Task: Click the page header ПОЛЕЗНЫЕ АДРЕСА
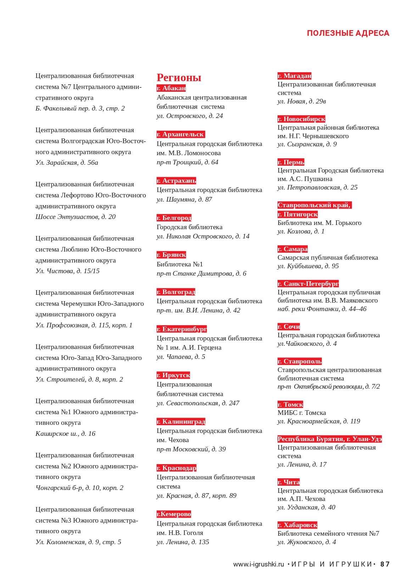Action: pos(348,33)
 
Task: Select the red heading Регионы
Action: pos(179,78)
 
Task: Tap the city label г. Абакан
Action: pos(171,88)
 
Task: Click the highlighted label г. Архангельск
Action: pos(180,134)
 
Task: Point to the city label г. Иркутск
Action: pos(173,375)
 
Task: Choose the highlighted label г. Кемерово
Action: pos(174,514)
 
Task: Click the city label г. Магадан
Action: pos(294,76)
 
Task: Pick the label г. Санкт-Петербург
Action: pos(308,284)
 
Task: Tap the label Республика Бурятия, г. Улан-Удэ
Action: pos(329,439)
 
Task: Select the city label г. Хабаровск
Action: pos(297,525)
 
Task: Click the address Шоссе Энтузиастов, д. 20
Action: pos(76,217)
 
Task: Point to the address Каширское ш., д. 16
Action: pos(65,434)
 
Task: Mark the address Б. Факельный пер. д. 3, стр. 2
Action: pos(80,108)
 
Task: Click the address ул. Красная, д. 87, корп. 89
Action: pos(196,496)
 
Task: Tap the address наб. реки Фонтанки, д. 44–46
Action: pos(322,309)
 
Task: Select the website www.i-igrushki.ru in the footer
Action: pos(258,564)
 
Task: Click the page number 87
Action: pos(385,564)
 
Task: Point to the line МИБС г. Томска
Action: pos(302,413)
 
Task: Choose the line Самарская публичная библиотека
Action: pos(328,258)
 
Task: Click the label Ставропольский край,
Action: pos(314,205)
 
